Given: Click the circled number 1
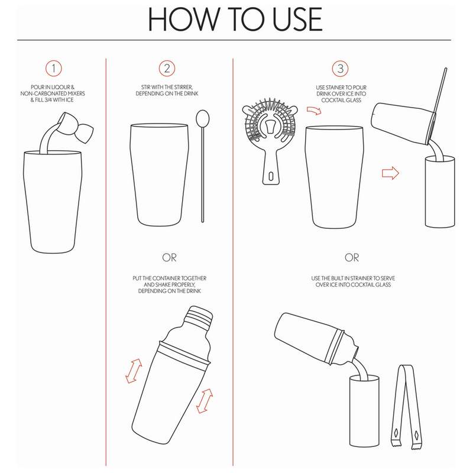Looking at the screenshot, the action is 54,69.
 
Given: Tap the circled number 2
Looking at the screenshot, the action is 167,69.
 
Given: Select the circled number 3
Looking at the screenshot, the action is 341,69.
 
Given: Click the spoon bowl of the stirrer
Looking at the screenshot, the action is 202,118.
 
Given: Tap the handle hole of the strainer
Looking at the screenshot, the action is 271,176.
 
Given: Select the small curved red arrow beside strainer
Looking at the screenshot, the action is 314,111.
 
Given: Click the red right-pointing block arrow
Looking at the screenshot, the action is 390,173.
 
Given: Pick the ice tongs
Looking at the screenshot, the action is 406,407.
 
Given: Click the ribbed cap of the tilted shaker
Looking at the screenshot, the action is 199,318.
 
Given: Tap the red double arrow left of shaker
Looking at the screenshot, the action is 134,371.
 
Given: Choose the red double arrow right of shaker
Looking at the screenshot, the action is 205,401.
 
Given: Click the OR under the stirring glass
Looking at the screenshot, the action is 169,258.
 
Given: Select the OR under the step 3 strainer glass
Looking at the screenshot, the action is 352,258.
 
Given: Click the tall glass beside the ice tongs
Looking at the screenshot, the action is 364,411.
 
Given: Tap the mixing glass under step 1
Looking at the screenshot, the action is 53,202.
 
